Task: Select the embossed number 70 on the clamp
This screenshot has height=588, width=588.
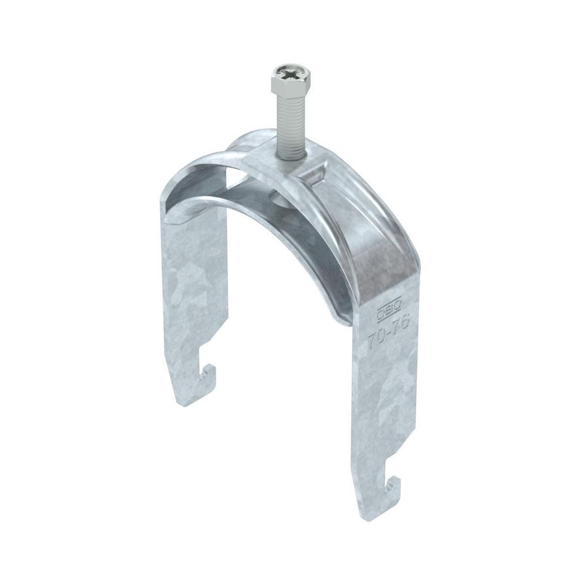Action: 376,341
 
